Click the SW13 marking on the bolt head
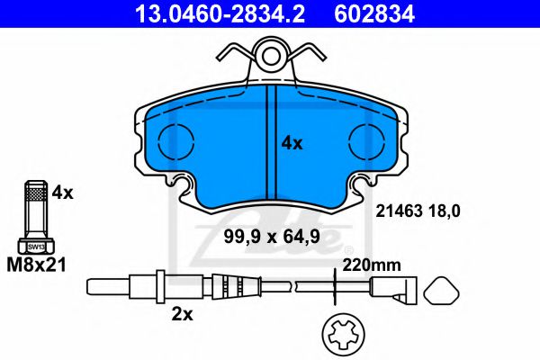coord(35,244)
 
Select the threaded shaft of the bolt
coord(35,212)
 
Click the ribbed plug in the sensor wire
coord(230,288)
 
